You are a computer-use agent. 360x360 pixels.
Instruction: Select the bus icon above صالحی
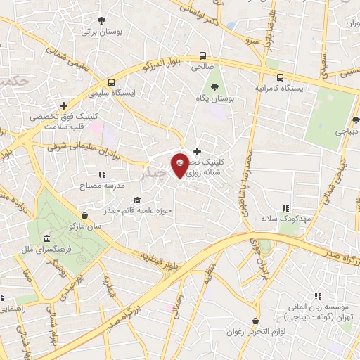pyautogui.click(x=202, y=55)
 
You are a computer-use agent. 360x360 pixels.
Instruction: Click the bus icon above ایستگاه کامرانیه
pyautogui.click(x=281, y=77)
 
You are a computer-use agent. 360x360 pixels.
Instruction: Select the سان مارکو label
pyautogui.click(x=85, y=226)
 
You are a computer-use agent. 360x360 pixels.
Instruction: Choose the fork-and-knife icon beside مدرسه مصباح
pyautogui.click(x=102, y=174)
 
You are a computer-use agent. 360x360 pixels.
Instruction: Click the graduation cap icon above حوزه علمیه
pyautogui.click(x=137, y=200)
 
